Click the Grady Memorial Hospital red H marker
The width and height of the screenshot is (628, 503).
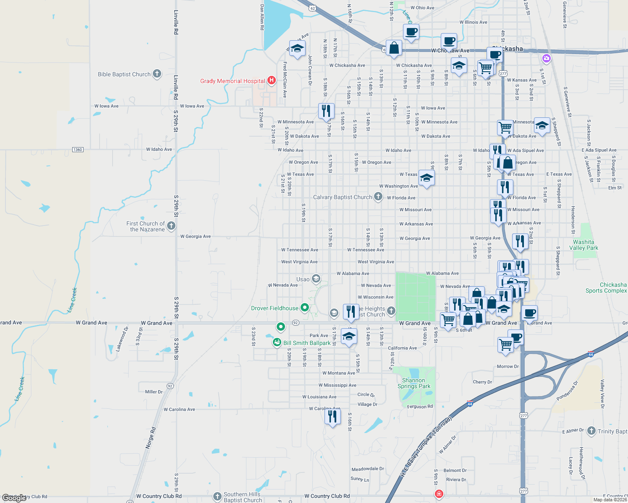(x=271, y=80)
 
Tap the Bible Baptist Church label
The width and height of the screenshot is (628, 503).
(x=124, y=74)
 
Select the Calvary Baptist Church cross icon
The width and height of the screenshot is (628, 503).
(x=378, y=196)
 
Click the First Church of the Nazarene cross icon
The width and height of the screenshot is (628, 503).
(x=171, y=226)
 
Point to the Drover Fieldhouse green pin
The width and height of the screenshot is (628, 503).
(x=305, y=308)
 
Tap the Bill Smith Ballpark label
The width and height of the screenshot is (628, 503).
(x=307, y=343)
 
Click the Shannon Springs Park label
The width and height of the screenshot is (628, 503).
(x=413, y=383)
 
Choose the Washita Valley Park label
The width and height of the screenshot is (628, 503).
(x=584, y=245)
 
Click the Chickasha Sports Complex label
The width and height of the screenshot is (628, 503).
(x=606, y=288)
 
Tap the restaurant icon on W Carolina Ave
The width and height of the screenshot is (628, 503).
(x=332, y=416)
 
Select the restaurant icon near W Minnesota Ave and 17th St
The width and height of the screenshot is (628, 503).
(x=326, y=111)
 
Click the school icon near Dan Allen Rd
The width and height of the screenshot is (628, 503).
(x=297, y=48)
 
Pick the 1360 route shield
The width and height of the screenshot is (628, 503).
(x=78, y=150)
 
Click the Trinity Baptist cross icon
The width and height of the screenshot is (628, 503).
(x=591, y=430)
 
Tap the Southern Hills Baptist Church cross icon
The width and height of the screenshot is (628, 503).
(x=217, y=497)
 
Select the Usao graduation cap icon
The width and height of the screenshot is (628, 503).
(x=316, y=278)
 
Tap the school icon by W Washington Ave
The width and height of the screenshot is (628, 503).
(x=427, y=178)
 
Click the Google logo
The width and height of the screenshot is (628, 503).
(x=14, y=498)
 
